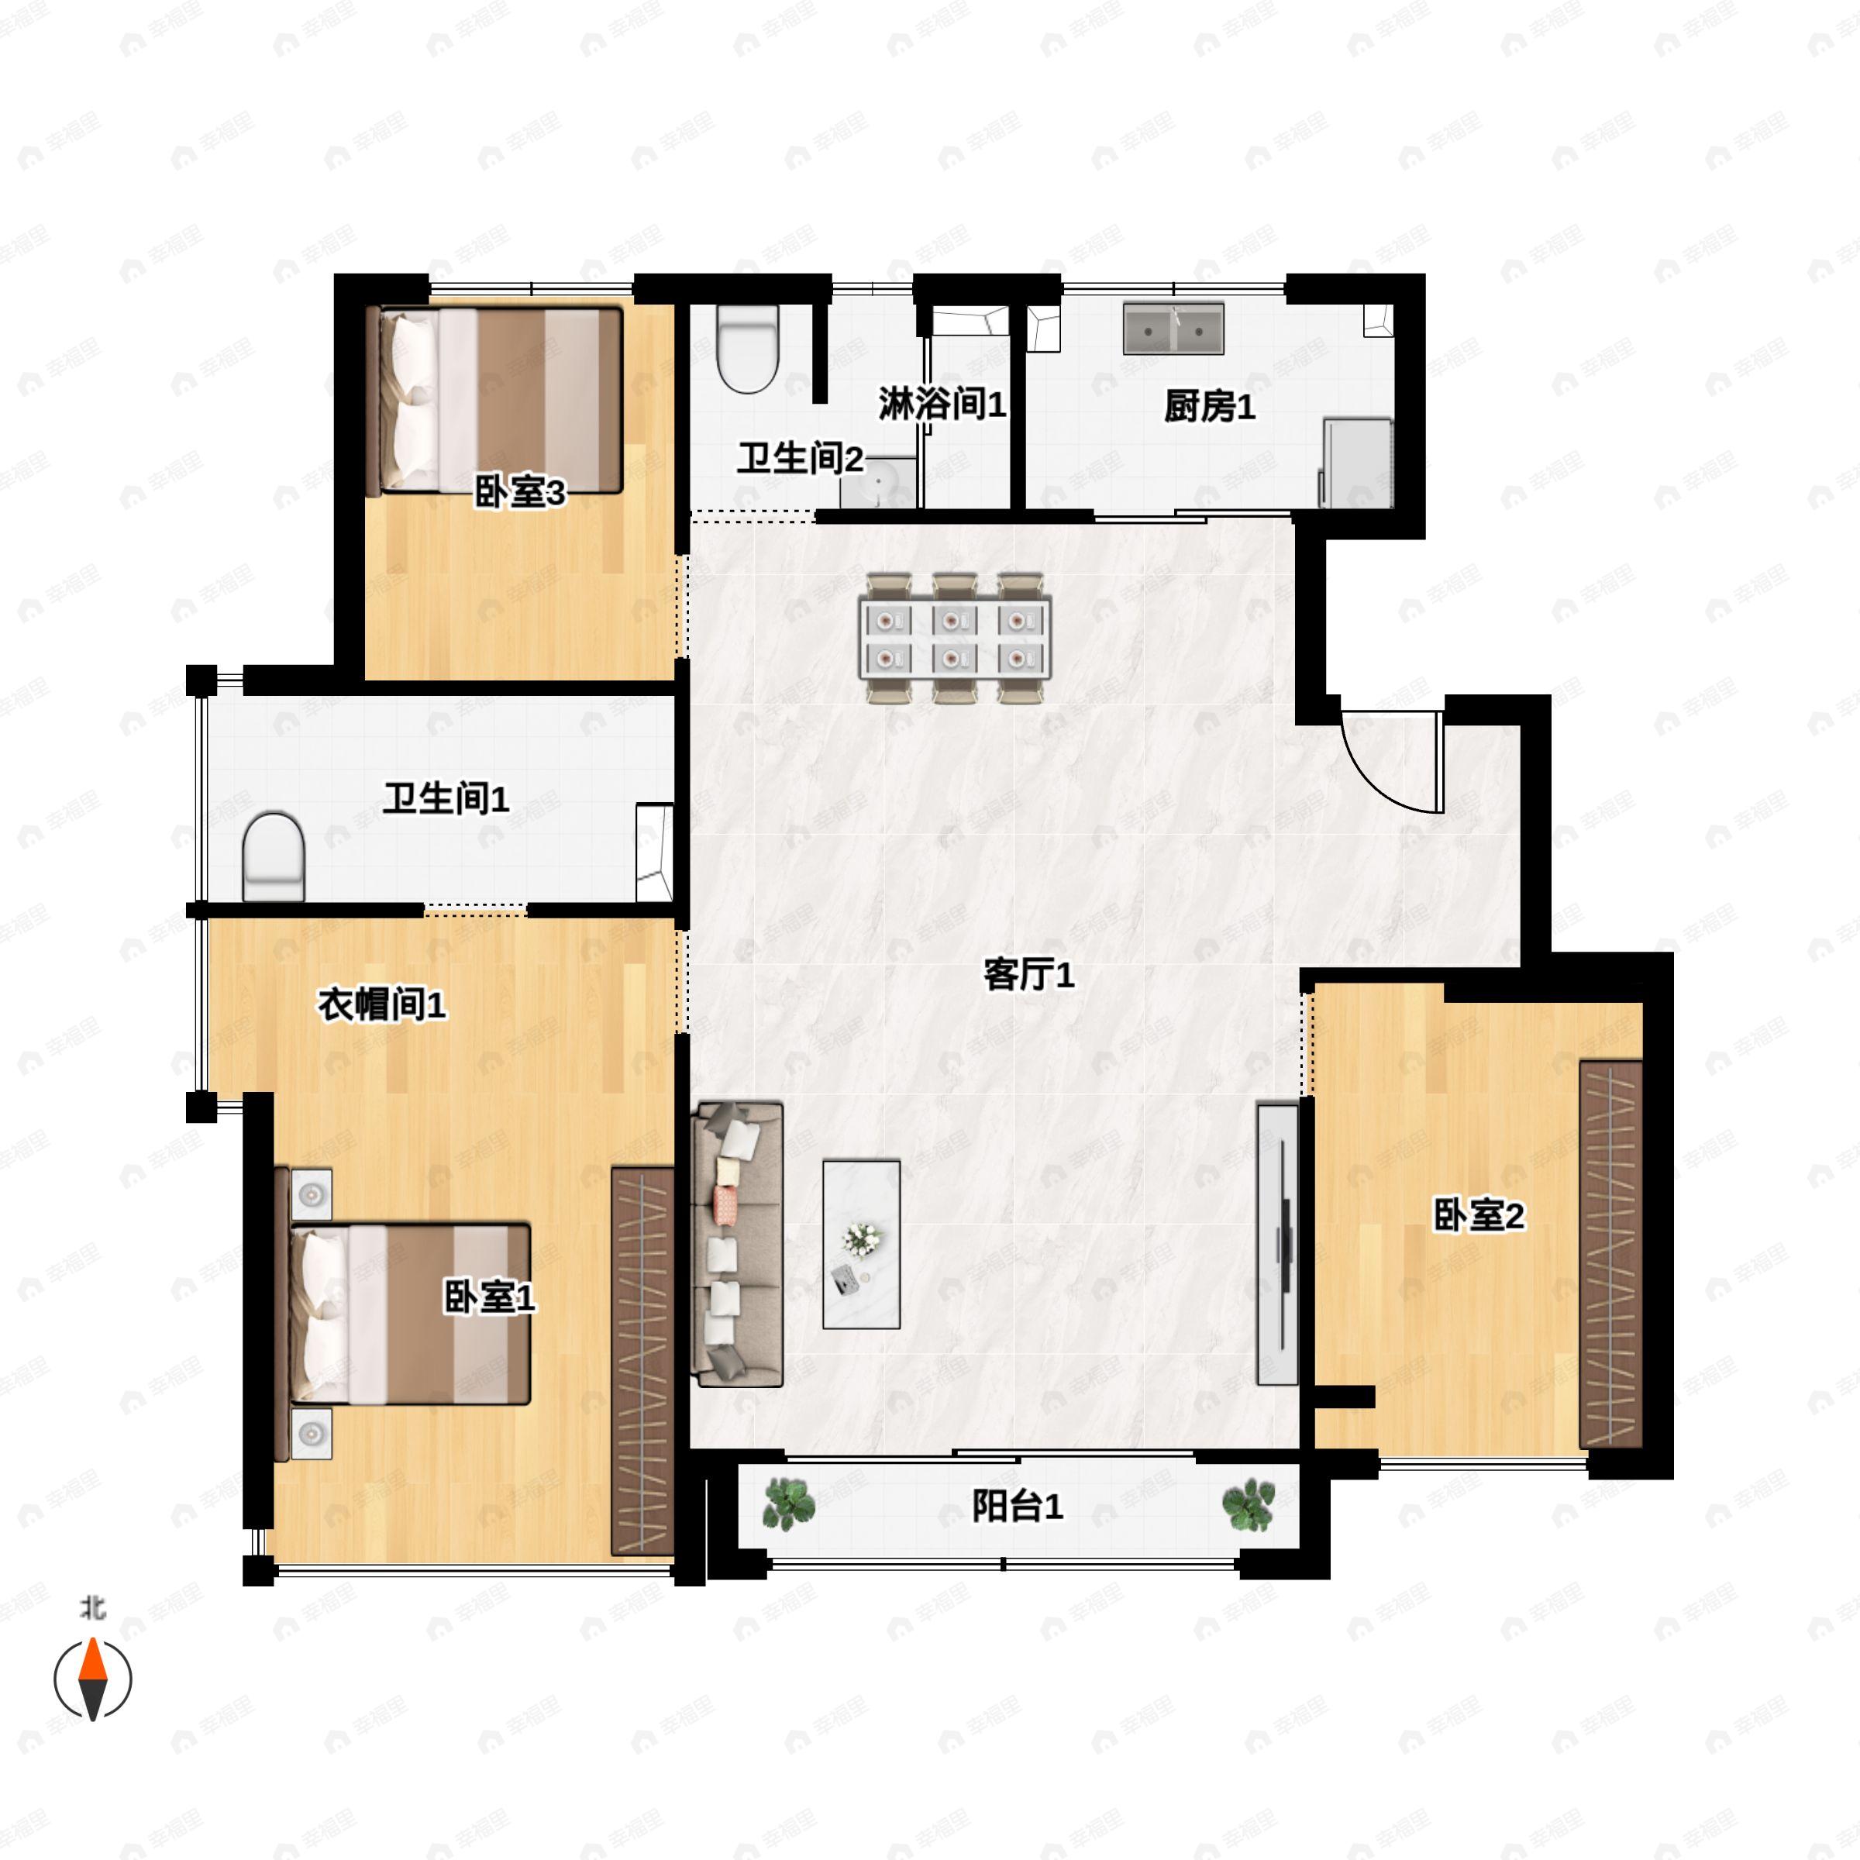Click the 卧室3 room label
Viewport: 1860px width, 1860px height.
(x=520, y=494)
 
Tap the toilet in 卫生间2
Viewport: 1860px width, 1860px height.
(x=747, y=349)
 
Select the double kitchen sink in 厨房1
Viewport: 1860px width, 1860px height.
(x=1173, y=329)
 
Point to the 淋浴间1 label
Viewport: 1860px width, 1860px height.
(x=942, y=405)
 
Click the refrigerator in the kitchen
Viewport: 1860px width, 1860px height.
(x=1356, y=462)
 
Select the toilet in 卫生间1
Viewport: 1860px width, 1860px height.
(x=274, y=857)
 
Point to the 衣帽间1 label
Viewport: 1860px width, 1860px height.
(x=382, y=1006)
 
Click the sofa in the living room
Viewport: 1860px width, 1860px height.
(x=736, y=1245)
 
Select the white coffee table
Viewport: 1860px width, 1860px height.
(x=862, y=1244)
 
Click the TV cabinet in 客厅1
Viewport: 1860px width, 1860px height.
(x=1277, y=1243)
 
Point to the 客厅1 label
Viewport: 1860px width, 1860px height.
(x=1028, y=975)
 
